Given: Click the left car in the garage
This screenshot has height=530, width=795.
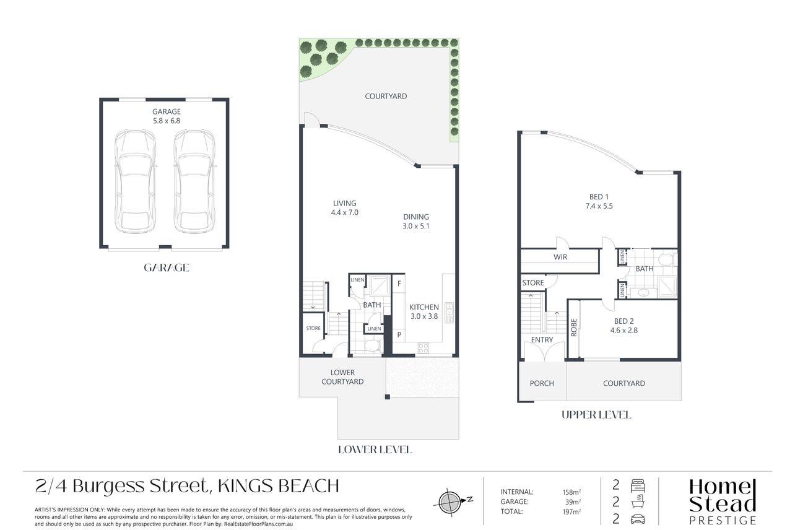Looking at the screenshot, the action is pos(135,181).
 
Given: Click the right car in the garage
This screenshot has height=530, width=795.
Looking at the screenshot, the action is pos(194,181).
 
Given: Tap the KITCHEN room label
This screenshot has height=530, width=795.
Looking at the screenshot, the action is pos(424,307).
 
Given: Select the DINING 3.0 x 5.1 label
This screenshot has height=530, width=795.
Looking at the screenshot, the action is pos(416,221).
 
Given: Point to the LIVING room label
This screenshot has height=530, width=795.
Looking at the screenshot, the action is pos(344,204).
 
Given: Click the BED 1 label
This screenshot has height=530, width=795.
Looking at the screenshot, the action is pos(599,197).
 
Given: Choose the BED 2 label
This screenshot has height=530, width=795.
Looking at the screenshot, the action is pos(624,321).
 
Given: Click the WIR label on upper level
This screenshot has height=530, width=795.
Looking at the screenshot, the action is pos(560,257).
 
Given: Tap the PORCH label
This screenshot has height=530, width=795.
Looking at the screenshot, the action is pos(542,383).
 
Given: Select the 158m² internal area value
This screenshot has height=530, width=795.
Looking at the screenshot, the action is pos(571,492).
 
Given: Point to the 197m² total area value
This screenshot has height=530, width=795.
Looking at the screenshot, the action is pos(571,511).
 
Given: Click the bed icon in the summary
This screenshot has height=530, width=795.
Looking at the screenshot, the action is pos(638,485).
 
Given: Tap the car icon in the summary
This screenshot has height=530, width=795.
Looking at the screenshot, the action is pos(638,519).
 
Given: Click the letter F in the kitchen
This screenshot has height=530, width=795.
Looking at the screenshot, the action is pos(399,284).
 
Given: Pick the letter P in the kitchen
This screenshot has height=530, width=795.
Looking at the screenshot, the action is pos(399,334).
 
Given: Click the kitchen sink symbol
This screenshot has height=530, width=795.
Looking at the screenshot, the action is pos(449,313).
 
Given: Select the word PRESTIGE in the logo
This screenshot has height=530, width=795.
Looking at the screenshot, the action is pos(723,521).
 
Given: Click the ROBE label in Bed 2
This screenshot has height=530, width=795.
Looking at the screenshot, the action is pos(574,328).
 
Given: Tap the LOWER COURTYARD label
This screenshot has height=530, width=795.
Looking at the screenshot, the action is pos(342,377).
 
